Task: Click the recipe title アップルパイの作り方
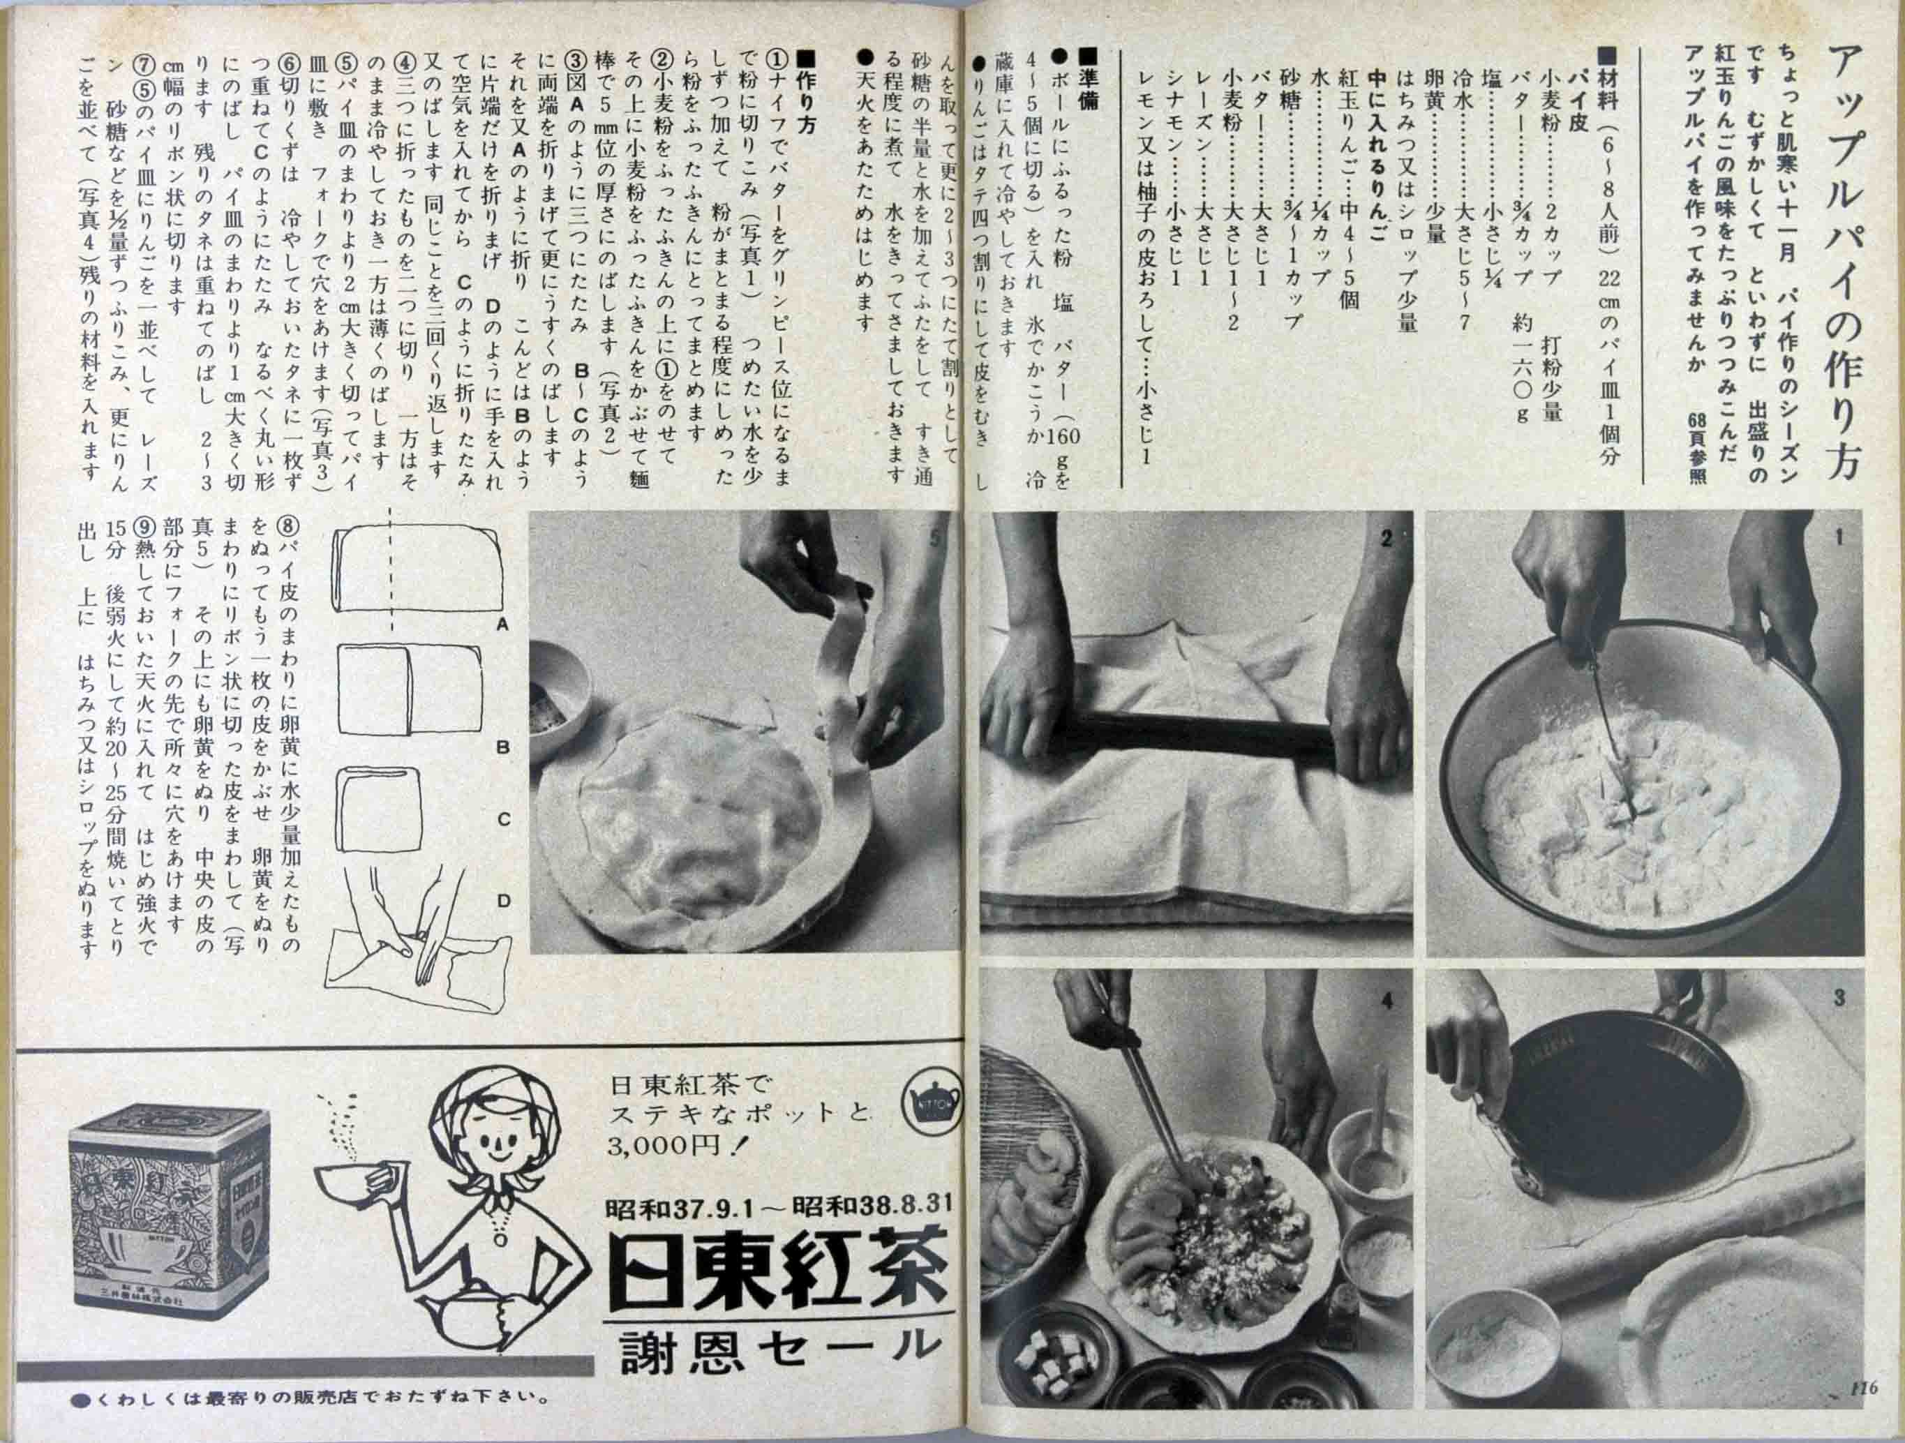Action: [x=1845, y=258]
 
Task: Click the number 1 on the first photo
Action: [x=1839, y=538]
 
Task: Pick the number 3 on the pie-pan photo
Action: [x=1839, y=999]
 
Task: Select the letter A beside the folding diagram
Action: [x=503, y=626]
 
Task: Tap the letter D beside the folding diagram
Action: [x=503, y=902]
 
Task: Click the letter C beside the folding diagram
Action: [x=503, y=820]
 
